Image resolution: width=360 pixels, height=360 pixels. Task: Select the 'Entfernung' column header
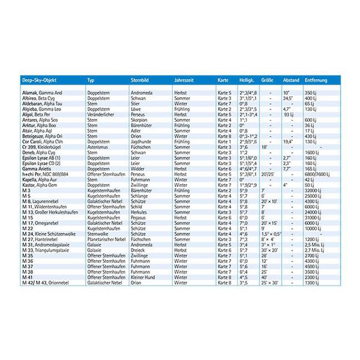click(x=316, y=80)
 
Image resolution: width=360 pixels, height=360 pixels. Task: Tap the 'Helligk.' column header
click(x=247, y=80)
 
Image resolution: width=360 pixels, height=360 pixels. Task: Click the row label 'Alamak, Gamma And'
click(x=41, y=94)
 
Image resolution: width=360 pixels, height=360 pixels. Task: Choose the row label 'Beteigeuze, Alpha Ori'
click(x=44, y=136)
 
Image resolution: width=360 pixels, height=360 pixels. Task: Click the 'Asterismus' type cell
click(x=100, y=147)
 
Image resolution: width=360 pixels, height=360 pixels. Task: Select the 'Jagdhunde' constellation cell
click(x=142, y=142)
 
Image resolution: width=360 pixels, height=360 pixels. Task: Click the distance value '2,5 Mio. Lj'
click(x=317, y=244)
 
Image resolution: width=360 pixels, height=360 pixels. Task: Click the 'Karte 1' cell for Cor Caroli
click(x=224, y=142)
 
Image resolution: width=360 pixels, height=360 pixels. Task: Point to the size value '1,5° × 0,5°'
click(x=271, y=233)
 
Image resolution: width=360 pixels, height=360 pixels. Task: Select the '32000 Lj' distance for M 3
click(x=314, y=190)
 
